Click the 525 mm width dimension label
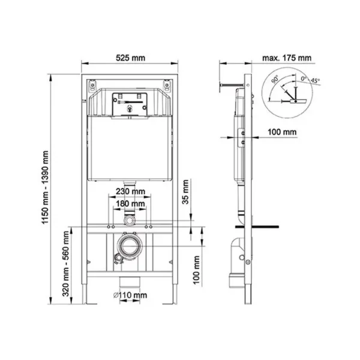pos(131,58)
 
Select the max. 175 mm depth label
pos(287,58)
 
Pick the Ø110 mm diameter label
pos(130,295)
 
